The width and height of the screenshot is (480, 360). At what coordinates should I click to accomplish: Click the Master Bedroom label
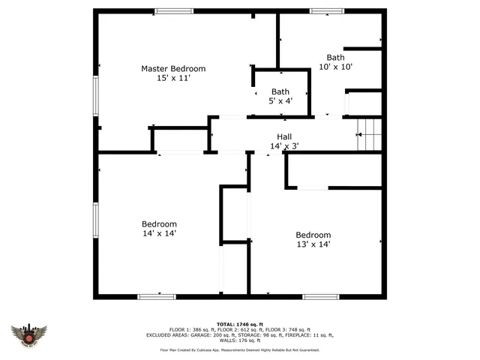coord(173,69)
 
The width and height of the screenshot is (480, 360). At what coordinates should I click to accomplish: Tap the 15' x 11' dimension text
coord(173,79)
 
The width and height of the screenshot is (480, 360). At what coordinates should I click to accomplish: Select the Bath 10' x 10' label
coord(335,57)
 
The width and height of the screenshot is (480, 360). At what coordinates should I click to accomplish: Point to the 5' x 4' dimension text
coord(280,100)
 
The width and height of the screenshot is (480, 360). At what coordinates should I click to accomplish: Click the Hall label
coord(284,136)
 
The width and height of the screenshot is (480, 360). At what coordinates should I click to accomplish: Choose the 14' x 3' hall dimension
coord(284,146)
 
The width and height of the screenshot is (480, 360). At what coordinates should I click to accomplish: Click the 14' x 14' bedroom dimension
coord(159,233)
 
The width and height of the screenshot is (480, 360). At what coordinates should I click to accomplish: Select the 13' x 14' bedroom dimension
coord(313,244)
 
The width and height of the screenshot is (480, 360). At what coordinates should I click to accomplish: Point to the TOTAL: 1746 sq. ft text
coord(239,324)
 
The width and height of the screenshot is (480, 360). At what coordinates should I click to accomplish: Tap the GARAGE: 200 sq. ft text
coord(214,335)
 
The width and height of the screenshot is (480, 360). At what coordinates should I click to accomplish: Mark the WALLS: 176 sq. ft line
coord(239,340)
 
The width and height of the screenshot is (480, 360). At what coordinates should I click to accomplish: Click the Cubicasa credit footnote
coord(239,349)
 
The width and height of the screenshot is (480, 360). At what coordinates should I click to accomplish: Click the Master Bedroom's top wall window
coord(173,10)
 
